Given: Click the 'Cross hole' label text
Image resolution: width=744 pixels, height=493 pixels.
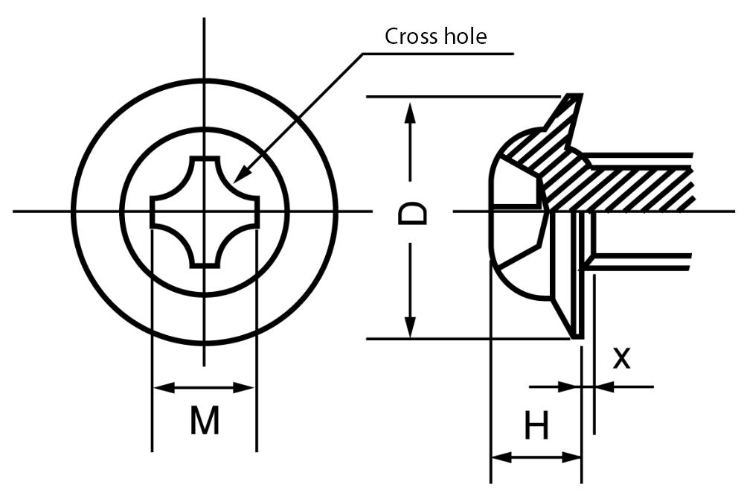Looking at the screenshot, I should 435,36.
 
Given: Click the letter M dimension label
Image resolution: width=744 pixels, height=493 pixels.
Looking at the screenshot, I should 204,422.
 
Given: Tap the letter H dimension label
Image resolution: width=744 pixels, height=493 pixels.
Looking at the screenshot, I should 536,427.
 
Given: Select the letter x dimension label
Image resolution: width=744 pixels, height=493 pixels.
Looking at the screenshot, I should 621,359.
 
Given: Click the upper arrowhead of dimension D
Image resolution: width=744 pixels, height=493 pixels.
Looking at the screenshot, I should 408,112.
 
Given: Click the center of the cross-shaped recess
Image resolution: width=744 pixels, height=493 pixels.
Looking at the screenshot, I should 205,211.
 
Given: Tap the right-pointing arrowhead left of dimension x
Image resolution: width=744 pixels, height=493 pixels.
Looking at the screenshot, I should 571,387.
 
